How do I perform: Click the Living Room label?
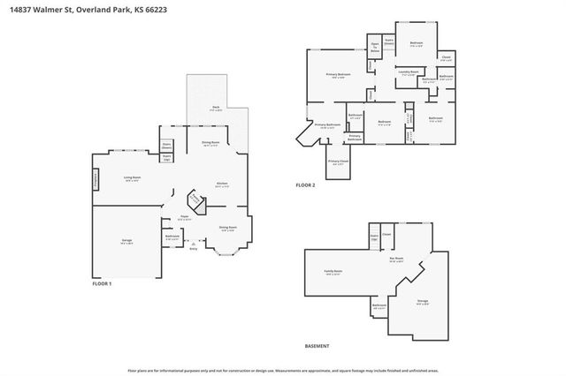(x=133, y=177)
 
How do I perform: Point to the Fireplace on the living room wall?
(x=96, y=179)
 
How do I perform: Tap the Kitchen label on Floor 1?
(x=223, y=184)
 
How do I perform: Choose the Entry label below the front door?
(x=194, y=250)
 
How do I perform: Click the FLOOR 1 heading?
(x=103, y=283)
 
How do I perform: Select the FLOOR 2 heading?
(x=305, y=184)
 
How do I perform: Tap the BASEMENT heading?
(x=317, y=345)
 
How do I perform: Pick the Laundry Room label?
(x=408, y=72)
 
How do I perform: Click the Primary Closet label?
(x=338, y=162)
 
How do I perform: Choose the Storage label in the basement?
(x=423, y=302)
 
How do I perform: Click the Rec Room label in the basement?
(x=396, y=259)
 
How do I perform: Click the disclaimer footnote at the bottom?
(x=282, y=370)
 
